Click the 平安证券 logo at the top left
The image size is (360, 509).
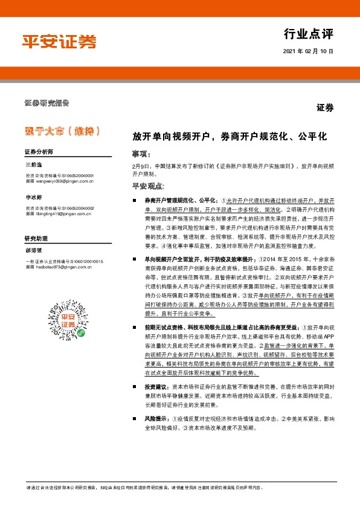point(59,41)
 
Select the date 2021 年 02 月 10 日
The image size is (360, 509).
point(308,51)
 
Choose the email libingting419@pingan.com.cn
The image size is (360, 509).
point(63,213)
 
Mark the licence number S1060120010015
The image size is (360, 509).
point(83,261)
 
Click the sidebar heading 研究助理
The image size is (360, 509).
point(36,239)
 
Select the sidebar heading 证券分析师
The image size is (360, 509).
point(39,151)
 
